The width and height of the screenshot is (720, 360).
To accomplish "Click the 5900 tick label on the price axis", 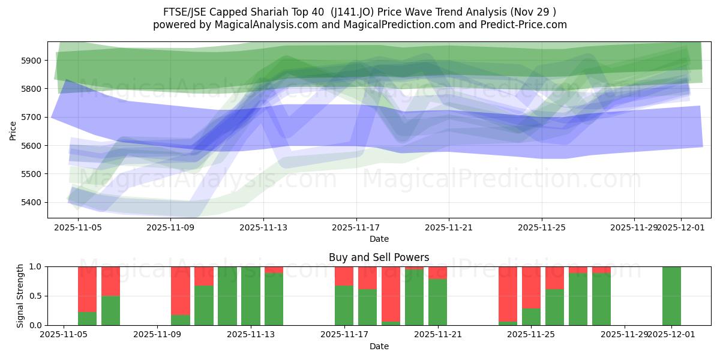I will [32, 61].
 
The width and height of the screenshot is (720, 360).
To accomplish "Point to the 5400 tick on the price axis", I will [32, 202].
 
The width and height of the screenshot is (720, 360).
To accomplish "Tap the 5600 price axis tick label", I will [32, 146].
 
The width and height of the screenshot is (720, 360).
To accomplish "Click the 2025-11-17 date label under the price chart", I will [356, 228].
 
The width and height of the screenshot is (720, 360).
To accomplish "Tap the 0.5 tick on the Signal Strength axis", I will [36, 296].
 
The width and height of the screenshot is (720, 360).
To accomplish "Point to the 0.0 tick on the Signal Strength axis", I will [36, 325].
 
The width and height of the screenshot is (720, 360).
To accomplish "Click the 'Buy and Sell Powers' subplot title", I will [379, 257].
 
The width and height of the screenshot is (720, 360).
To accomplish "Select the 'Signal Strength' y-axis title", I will [20, 296].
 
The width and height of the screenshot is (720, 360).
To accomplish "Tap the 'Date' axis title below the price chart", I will [379, 239].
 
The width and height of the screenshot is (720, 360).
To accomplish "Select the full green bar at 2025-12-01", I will [671, 296].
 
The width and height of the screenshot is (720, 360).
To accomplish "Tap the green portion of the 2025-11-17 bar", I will [344, 305].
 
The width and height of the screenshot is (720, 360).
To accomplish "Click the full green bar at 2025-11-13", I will [250, 296].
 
